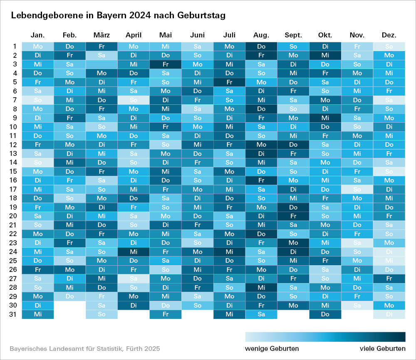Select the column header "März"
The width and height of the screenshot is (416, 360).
[x=102, y=35]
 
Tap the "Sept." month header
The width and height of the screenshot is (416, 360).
[x=293, y=35]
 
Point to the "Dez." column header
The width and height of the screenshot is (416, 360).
[x=389, y=35]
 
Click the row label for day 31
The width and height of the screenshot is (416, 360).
[x=14, y=314]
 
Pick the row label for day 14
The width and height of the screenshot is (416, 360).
[x=14, y=163]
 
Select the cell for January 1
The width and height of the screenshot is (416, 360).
[x=38, y=47]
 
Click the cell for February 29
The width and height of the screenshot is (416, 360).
[x=69, y=296]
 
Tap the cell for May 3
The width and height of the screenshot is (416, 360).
[x=166, y=64]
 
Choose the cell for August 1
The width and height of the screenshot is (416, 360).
[x=261, y=47]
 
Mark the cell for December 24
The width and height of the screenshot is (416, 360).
[x=389, y=252]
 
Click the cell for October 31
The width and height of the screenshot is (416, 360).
[x=325, y=314]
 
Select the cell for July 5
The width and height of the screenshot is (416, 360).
[x=229, y=82]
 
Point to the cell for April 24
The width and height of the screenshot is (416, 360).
[x=134, y=252]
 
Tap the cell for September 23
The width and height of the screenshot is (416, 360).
[x=293, y=243]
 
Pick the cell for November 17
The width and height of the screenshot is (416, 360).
[x=357, y=189]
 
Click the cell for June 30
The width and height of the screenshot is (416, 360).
[x=197, y=306]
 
